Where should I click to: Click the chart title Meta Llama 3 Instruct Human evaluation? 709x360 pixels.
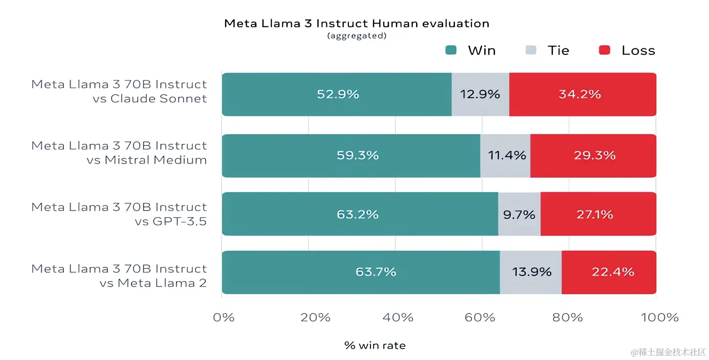pos(356,23)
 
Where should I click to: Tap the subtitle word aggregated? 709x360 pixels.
pos(357,36)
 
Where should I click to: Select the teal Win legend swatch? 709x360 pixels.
pos(451,50)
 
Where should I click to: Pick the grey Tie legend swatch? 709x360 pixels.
pos(531,50)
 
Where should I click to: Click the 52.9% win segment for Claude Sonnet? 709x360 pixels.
pos(337,94)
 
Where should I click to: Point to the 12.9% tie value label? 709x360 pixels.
pos(480,94)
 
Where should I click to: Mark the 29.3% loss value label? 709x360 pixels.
pos(594,156)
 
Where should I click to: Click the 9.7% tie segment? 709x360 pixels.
pos(519,214)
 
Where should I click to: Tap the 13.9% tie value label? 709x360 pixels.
pos(531,272)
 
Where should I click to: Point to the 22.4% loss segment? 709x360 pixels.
pos(609,272)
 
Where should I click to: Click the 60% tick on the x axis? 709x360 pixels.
pos(480,318)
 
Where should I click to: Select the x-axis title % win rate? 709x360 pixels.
pos(375,346)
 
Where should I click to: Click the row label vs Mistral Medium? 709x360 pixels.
pos(147,160)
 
